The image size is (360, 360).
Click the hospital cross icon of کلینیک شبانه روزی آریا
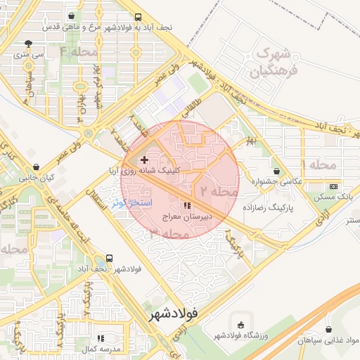click(x=145, y=160)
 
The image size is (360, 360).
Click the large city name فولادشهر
click(x=183, y=313)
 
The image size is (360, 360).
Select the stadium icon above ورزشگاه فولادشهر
click(x=241, y=326)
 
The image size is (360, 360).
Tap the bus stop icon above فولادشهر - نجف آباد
click(x=109, y=258)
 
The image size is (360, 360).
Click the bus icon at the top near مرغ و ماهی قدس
click(x=138, y=17)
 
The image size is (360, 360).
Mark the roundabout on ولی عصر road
click(x=88, y=132)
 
